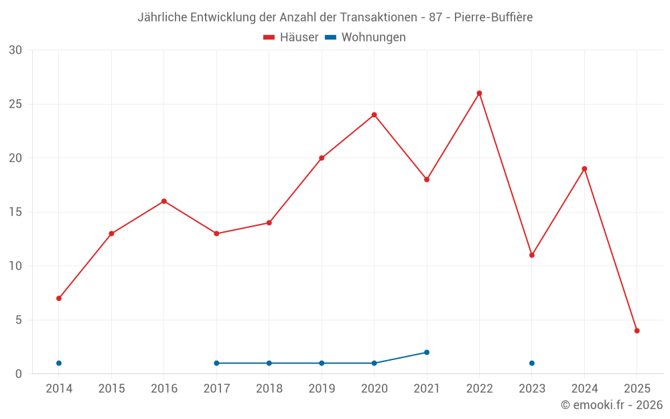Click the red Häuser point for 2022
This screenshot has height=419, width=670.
point(479,93)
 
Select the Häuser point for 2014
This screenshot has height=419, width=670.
point(59,298)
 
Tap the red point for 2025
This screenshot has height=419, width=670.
point(637,331)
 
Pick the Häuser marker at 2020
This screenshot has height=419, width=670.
point(375,115)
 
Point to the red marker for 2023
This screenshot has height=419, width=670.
point(532,255)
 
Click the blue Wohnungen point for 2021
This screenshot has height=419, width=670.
point(427,353)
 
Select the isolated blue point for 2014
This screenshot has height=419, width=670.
point(59,363)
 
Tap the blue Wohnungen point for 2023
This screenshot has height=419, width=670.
point(532,363)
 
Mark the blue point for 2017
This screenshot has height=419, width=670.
point(216,363)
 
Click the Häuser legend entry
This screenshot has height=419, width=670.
point(291,38)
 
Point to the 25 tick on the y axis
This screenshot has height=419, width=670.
point(15,105)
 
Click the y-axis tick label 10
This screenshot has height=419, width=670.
point(15,266)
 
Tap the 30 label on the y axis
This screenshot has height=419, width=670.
point(15,50)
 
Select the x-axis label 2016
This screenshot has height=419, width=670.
point(164,389)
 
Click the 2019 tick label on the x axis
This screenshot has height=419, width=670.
point(322,389)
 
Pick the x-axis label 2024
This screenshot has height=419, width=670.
point(584,389)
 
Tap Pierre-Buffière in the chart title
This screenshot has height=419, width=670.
point(493,17)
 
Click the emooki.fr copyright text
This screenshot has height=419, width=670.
point(611,405)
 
